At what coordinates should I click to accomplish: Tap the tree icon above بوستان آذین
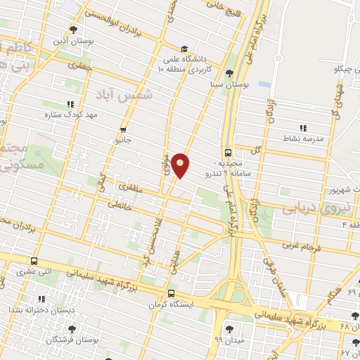[x=74, y=29]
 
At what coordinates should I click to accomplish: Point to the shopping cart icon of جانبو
[x=124, y=129]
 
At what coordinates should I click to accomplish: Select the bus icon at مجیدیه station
[x=228, y=151]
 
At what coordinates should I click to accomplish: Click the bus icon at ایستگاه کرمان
[x=171, y=294]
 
